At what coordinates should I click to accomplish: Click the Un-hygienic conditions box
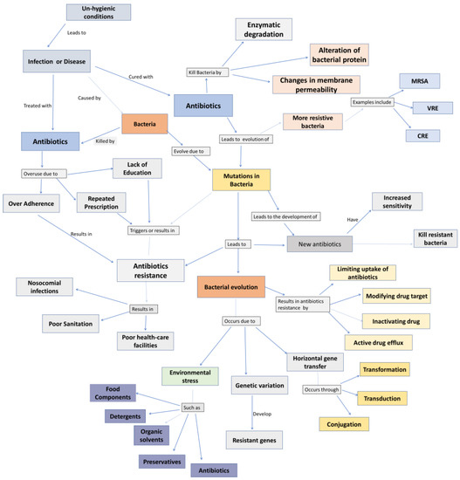98,13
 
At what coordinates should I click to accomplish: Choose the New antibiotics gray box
320,243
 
